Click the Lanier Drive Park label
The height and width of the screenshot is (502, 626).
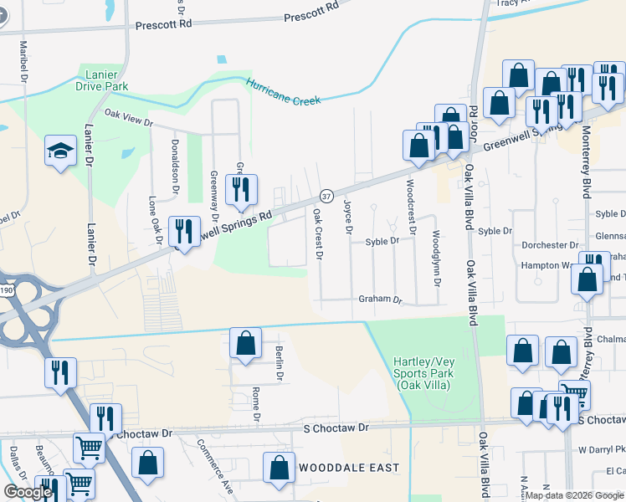pyautogui.click(x=100, y=79)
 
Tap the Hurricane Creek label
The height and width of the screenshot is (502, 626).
pyautogui.click(x=284, y=92)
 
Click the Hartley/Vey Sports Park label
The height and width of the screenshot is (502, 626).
pyautogui.click(x=422, y=373)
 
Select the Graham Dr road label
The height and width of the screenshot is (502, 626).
pyautogui.click(x=381, y=299)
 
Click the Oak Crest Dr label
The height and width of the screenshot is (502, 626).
pyautogui.click(x=318, y=233)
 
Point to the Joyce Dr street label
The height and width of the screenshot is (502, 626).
pyautogui.click(x=348, y=216)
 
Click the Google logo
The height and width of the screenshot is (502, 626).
pyautogui.click(x=28, y=491)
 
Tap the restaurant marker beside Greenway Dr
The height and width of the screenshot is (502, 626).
pyautogui.click(x=242, y=190)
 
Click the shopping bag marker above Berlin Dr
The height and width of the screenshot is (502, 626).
pyautogui.click(x=244, y=344)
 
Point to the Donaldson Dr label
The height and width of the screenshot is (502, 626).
pyautogui.click(x=177, y=162)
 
